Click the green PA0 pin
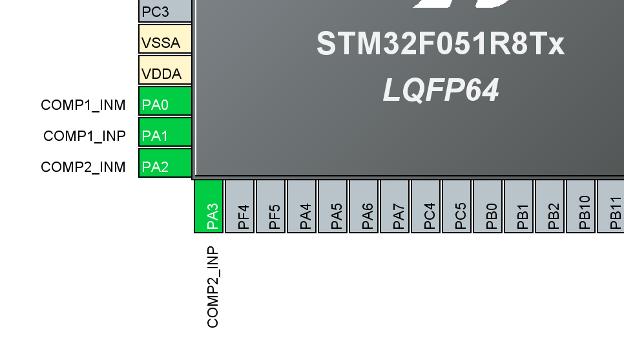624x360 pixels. pos(165,101)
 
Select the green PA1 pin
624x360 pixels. pos(165,132)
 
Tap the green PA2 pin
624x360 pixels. pos(165,163)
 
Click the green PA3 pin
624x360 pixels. pos(209,206)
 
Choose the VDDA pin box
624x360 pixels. pos(165,70)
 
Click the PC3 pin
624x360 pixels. pos(165,11)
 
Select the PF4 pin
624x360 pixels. pos(240,206)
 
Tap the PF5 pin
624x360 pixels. pos(271,206)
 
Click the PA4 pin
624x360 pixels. pos(302,206)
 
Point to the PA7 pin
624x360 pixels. pos(395,206)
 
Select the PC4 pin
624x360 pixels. pos(426,206)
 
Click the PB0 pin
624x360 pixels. pos(488,206)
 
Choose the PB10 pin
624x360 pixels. pos(581,206)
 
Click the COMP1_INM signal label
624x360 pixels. pos(83,105)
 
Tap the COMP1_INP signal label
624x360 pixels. pos(85,136)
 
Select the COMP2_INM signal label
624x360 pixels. pos(83,167)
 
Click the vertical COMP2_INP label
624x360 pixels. pos(213,287)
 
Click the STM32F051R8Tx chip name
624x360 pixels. pos(440,44)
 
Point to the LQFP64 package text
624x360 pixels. pos(441,90)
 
